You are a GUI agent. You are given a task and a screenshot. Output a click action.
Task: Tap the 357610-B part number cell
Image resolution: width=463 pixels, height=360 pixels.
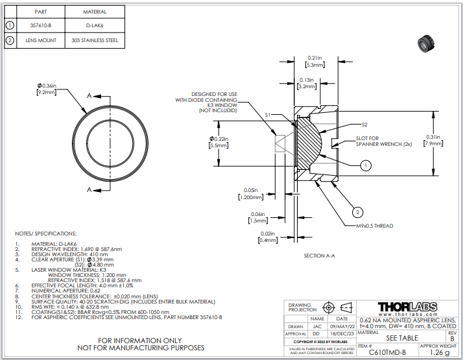point(40,26)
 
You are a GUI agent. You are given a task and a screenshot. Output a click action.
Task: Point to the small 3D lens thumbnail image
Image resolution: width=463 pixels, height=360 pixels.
point(425,44)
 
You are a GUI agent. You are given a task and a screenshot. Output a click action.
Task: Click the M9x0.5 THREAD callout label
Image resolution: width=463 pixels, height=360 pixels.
point(374,226)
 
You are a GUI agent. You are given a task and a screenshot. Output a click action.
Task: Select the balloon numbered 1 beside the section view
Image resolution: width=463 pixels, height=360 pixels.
point(366,165)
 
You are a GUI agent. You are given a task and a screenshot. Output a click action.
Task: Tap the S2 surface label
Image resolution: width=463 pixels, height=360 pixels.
point(364,124)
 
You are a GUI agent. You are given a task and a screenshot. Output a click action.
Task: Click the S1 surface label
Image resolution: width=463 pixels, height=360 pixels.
point(268,114)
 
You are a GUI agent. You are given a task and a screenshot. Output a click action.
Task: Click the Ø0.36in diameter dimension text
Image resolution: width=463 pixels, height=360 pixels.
point(49,86)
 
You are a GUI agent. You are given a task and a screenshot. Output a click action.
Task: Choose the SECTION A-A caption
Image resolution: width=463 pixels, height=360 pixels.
point(320,256)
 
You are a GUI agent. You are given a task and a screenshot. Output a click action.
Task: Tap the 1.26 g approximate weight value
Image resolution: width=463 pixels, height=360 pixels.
point(439,352)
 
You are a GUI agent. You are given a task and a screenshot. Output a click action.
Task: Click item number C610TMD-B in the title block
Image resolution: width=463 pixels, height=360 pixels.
point(387,352)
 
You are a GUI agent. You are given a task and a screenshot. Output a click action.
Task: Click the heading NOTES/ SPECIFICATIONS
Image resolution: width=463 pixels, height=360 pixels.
point(45,233)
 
